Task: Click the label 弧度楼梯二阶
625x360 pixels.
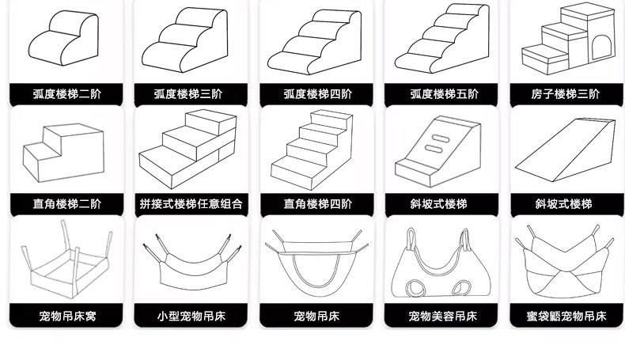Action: (67, 94)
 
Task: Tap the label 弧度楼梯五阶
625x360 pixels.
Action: (444, 94)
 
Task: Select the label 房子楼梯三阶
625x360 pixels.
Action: (565, 94)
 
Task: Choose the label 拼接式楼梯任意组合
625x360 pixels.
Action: (191, 203)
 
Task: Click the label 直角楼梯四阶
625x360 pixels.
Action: (318, 203)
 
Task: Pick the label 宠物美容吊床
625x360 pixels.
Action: (442, 316)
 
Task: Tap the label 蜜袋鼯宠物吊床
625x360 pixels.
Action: (566, 316)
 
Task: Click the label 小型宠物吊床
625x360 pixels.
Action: (191, 316)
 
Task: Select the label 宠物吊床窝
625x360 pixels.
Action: (67, 316)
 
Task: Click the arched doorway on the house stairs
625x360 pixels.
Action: (601, 47)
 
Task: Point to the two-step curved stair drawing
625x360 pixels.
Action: (64, 38)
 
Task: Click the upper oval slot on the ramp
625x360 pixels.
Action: (440, 138)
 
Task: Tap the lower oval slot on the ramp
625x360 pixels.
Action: (434, 149)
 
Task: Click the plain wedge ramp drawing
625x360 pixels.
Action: (565, 150)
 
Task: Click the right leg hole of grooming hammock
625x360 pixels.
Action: (461, 287)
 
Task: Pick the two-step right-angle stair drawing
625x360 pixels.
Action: (63, 153)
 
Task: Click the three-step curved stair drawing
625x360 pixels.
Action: (184, 40)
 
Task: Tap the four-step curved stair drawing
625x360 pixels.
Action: (315, 42)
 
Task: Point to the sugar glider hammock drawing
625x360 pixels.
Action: (564, 262)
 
